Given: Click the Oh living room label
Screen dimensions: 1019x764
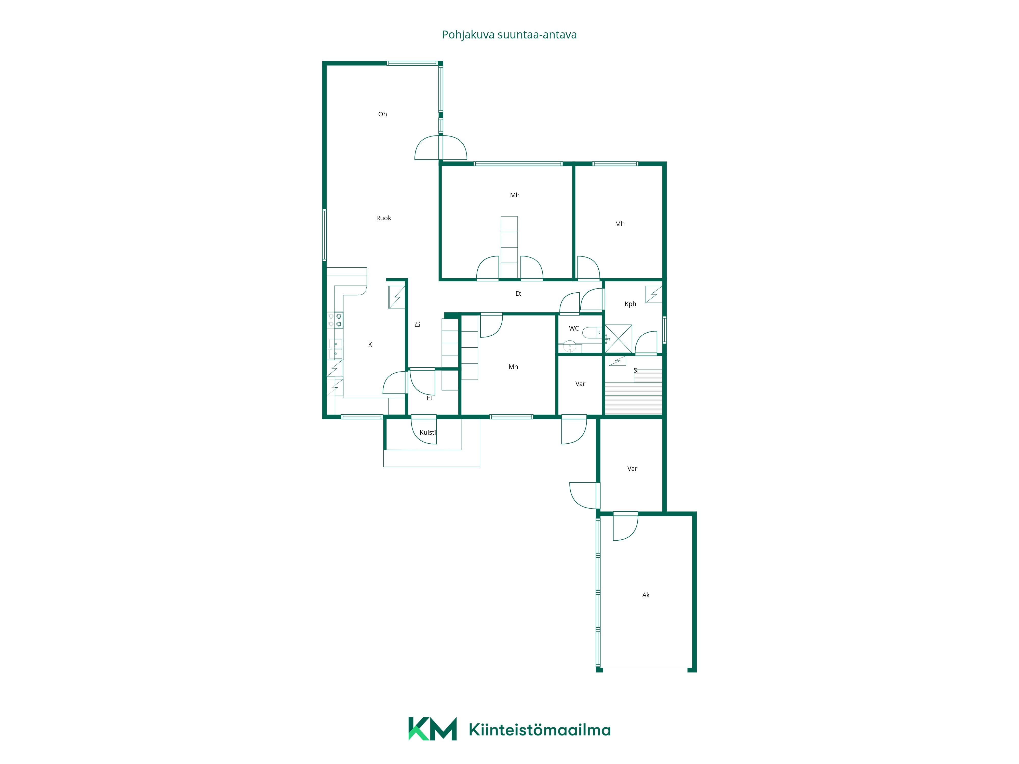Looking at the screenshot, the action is pyautogui.click(x=382, y=114).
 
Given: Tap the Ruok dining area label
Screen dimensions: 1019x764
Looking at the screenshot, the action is pyautogui.click(x=383, y=218).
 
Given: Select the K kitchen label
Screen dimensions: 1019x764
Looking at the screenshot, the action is pyautogui.click(x=370, y=345).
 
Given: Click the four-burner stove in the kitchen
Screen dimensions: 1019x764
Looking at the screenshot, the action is pyautogui.click(x=335, y=320).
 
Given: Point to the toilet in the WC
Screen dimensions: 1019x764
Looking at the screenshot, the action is pyautogui.click(x=592, y=333).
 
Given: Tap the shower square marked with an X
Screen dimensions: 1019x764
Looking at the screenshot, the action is pyautogui.click(x=618, y=339).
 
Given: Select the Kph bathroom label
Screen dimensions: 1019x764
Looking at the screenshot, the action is pyautogui.click(x=630, y=304).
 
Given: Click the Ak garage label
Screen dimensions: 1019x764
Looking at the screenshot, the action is pyautogui.click(x=646, y=595).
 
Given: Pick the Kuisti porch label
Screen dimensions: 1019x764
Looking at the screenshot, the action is pyautogui.click(x=427, y=432).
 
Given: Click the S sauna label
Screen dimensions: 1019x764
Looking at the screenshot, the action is pyautogui.click(x=635, y=370).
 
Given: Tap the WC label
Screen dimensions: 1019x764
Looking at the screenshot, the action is pyautogui.click(x=573, y=328).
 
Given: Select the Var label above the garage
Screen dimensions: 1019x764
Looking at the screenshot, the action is pyautogui.click(x=632, y=469).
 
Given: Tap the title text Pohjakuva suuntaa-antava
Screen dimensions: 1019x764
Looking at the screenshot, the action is pyautogui.click(x=509, y=35).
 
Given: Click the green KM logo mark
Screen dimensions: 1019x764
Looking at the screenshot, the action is pyautogui.click(x=432, y=729).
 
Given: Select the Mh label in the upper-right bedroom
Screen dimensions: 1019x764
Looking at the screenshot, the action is pyautogui.click(x=620, y=224).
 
